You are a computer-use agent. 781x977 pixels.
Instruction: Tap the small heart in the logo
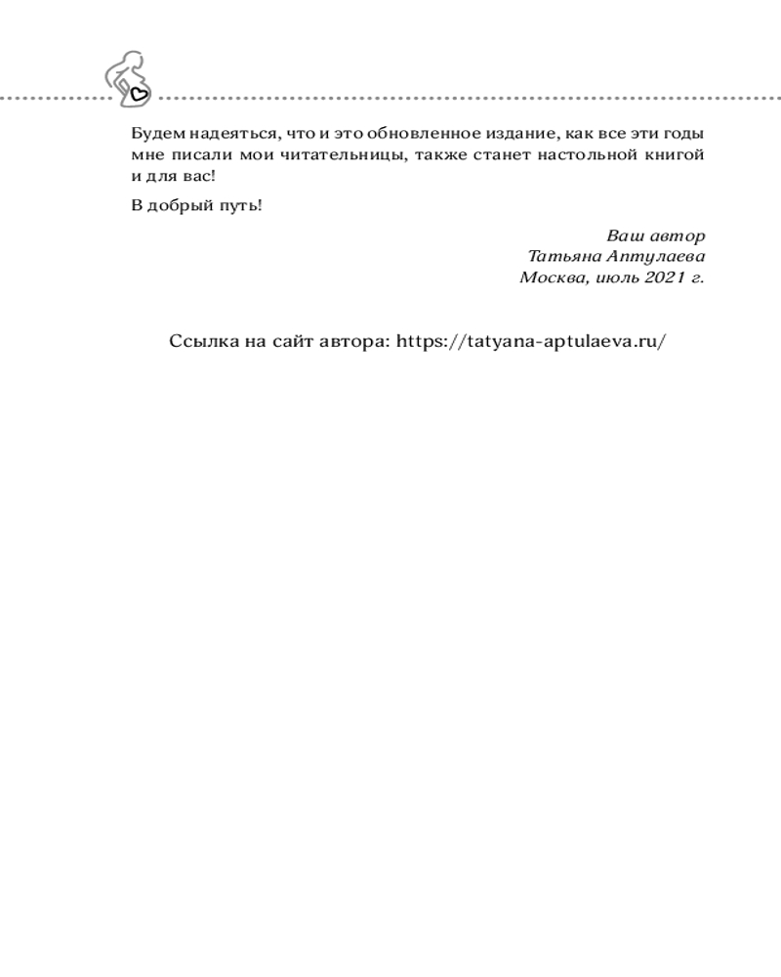click(139, 95)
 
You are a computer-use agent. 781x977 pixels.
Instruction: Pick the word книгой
click(675, 155)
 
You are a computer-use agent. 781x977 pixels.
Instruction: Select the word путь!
click(243, 206)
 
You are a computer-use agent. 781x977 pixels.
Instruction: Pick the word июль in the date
click(616, 277)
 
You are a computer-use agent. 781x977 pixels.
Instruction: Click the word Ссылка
click(201, 341)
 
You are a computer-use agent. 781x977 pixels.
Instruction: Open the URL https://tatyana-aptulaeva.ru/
click(533, 342)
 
